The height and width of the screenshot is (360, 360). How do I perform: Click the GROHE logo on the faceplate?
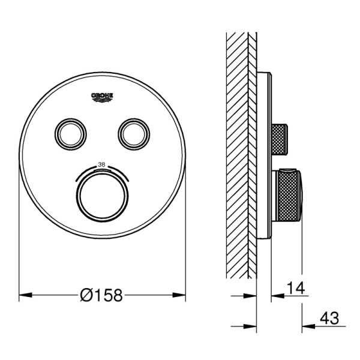point(103,97)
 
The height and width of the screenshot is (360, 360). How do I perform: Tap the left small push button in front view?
point(71,134)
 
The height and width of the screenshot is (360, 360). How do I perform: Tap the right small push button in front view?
point(134,134)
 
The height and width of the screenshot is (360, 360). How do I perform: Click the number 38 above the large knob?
point(101,164)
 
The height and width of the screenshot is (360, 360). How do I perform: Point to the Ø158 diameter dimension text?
point(101,295)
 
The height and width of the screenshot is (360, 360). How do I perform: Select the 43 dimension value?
point(329,318)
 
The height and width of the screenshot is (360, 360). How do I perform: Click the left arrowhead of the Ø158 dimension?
point(25,295)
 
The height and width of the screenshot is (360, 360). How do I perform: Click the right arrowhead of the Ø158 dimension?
point(179,295)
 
